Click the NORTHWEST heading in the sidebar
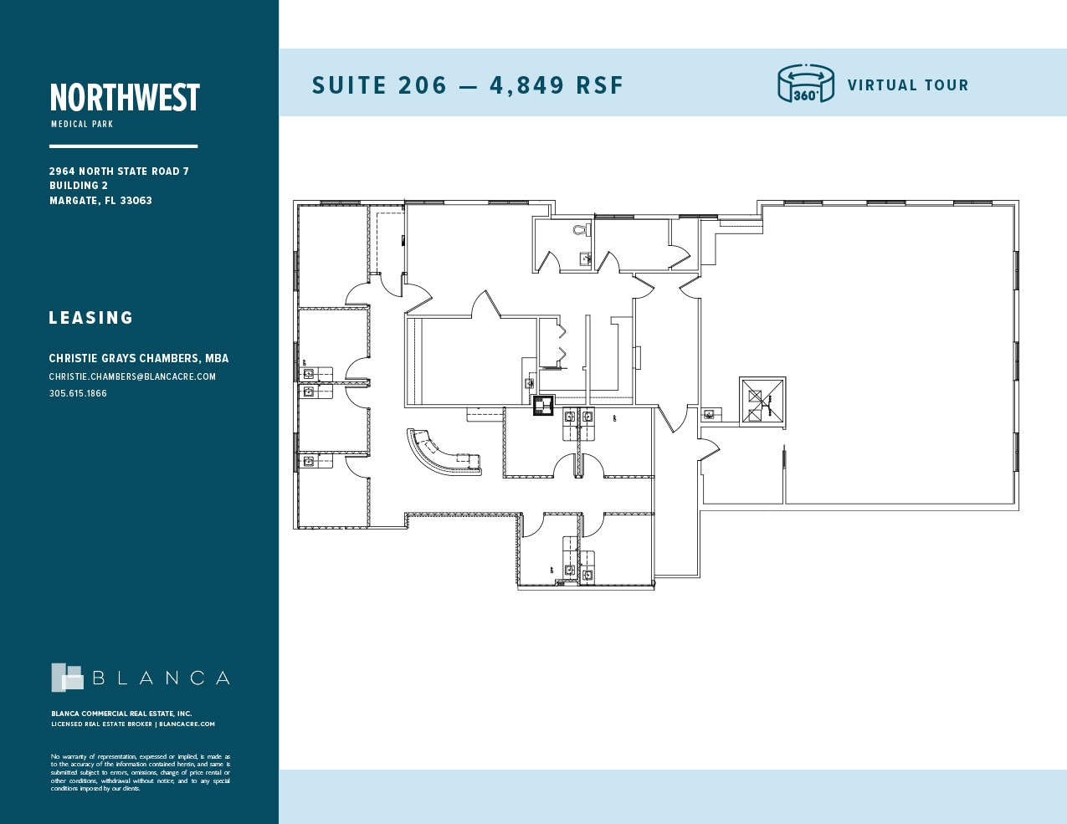point(125,98)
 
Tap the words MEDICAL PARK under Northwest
point(82,125)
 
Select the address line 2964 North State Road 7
point(119,171)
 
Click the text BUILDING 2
point(79,186)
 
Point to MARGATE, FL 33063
point(100,201)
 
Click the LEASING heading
point(91,318)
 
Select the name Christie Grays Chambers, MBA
point(139,358)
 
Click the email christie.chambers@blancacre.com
point(132,376)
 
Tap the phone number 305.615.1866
point(78,393)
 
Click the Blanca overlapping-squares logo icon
point(67,678)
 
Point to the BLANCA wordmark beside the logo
point(161,678)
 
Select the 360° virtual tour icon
point(806,84)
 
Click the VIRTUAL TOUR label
point(908,85)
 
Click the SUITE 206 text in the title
point(379,85)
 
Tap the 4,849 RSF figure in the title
point(557,85)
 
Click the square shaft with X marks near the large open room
point(762,402)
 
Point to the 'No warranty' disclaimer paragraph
point(141,772)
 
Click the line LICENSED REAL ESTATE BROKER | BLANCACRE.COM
point(133,724)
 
